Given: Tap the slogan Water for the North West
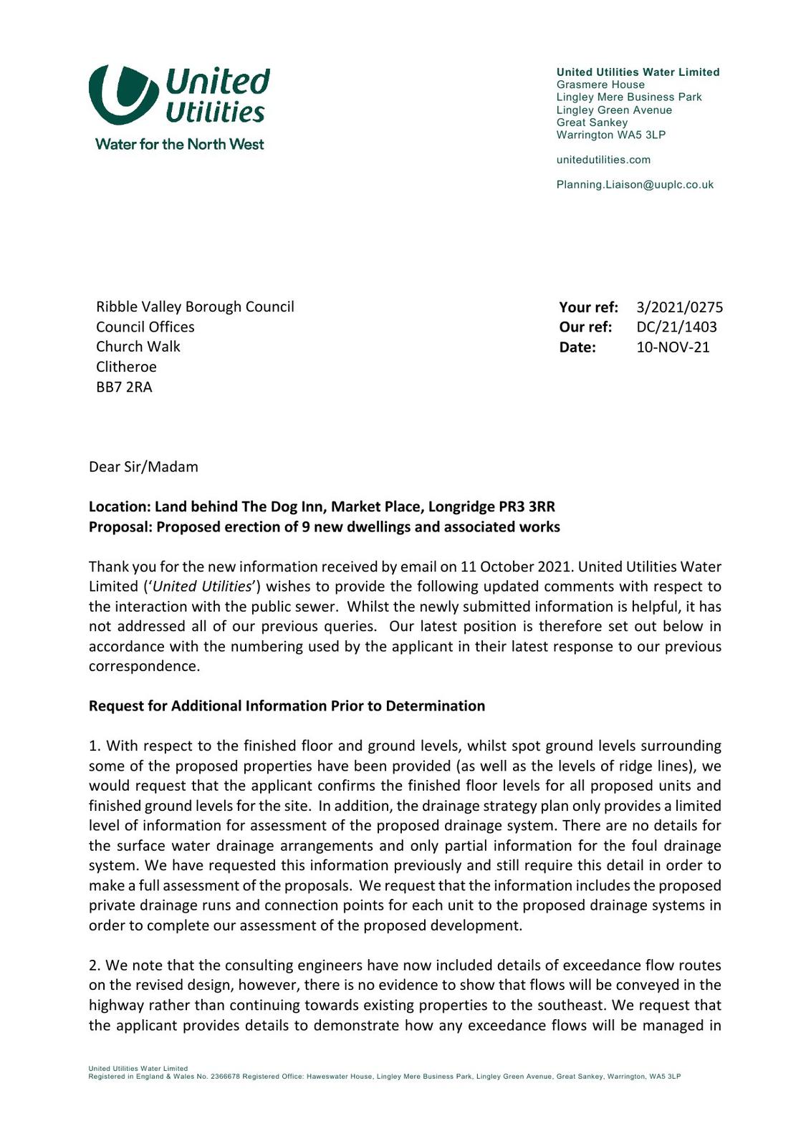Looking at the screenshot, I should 179,144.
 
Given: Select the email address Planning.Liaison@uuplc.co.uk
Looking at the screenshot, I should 635,185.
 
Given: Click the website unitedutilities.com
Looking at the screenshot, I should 603,160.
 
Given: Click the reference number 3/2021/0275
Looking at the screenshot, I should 679,307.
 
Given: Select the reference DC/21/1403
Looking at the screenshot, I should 676,327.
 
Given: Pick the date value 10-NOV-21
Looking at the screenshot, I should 673,347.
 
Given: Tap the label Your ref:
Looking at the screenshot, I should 588,307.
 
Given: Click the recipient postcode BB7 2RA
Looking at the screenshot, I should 124,387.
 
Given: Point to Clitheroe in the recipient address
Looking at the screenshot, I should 126,367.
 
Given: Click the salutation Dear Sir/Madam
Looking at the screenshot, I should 143,467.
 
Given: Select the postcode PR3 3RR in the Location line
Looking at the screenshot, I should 527,507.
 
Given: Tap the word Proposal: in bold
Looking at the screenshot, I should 120,527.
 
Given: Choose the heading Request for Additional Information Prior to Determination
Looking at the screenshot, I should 287,706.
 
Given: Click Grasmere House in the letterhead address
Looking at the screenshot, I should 600,85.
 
